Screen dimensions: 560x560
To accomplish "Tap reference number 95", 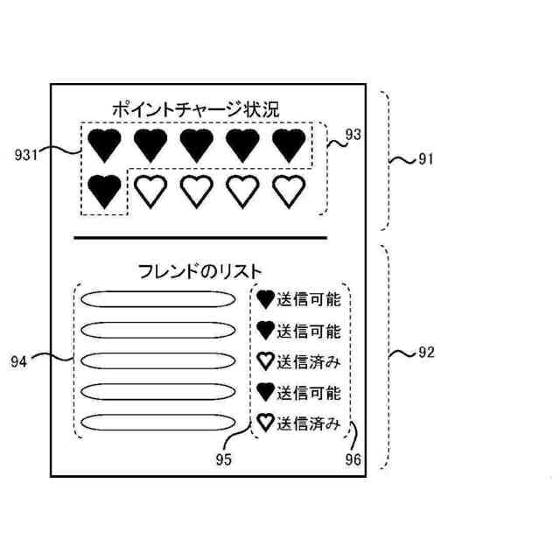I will (224, 456).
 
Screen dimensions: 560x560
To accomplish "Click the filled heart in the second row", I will (106, 190).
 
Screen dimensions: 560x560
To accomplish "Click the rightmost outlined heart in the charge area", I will (288, 190).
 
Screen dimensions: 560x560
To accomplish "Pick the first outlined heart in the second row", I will (150, 190).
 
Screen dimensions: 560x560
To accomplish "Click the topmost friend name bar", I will (157, 299).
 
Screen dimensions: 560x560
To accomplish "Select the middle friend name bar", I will (157, 361).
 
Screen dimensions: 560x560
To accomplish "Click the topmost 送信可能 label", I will (308, 300).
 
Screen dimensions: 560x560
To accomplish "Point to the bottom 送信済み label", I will (308, 425).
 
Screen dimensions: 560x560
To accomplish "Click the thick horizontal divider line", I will (200, 237).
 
